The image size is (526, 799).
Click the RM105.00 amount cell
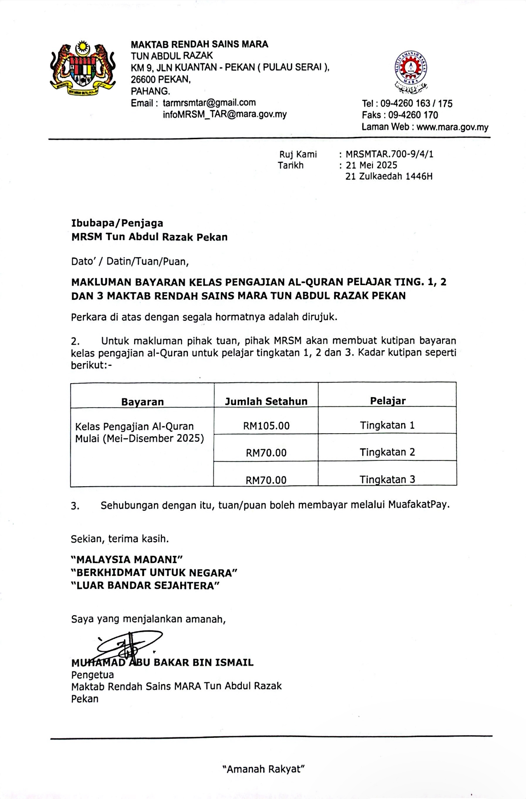[266, 426]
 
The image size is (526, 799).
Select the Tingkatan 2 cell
[387, 452]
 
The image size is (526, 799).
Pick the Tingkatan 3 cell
[387, 479]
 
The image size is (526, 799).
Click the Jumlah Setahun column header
[266, 401]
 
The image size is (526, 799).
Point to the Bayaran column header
[142, 402]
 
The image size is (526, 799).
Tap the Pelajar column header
[387, 401]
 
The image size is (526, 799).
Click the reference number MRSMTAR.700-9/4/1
[389, 154]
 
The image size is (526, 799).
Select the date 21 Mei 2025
[371, 165]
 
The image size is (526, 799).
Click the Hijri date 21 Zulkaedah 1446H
[389, 176]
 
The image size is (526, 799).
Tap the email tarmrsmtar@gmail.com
[209, 103]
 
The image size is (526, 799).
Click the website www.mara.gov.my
[452, 127]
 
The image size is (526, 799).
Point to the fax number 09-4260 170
[413, 115]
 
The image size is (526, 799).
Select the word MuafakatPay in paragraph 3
[418, 505]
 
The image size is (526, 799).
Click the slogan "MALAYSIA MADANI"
[127, 559]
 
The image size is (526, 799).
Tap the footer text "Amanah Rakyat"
[263, 769]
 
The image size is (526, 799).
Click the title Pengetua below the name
[92, 675]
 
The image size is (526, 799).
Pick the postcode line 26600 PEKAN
[161, 80]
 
